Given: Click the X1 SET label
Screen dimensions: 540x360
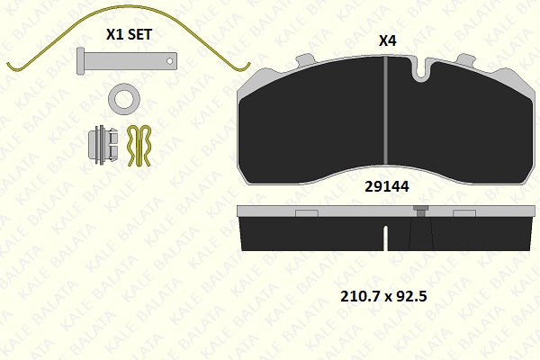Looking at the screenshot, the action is click(129, 34).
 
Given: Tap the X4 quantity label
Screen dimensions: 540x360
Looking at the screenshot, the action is click(387, 41).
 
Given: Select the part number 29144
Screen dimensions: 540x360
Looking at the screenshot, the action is click(387, 186).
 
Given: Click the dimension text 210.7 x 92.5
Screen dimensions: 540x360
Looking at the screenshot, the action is click(383, 296).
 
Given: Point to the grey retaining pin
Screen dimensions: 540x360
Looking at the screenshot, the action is click(127, 61).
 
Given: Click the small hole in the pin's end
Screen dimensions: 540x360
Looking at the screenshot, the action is click(169, 61).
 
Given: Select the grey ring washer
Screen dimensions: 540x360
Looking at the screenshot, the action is click(124, 99).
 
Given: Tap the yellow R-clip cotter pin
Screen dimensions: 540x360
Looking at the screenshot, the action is click(139, 146).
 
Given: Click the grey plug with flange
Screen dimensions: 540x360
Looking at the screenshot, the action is click(103, 145).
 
